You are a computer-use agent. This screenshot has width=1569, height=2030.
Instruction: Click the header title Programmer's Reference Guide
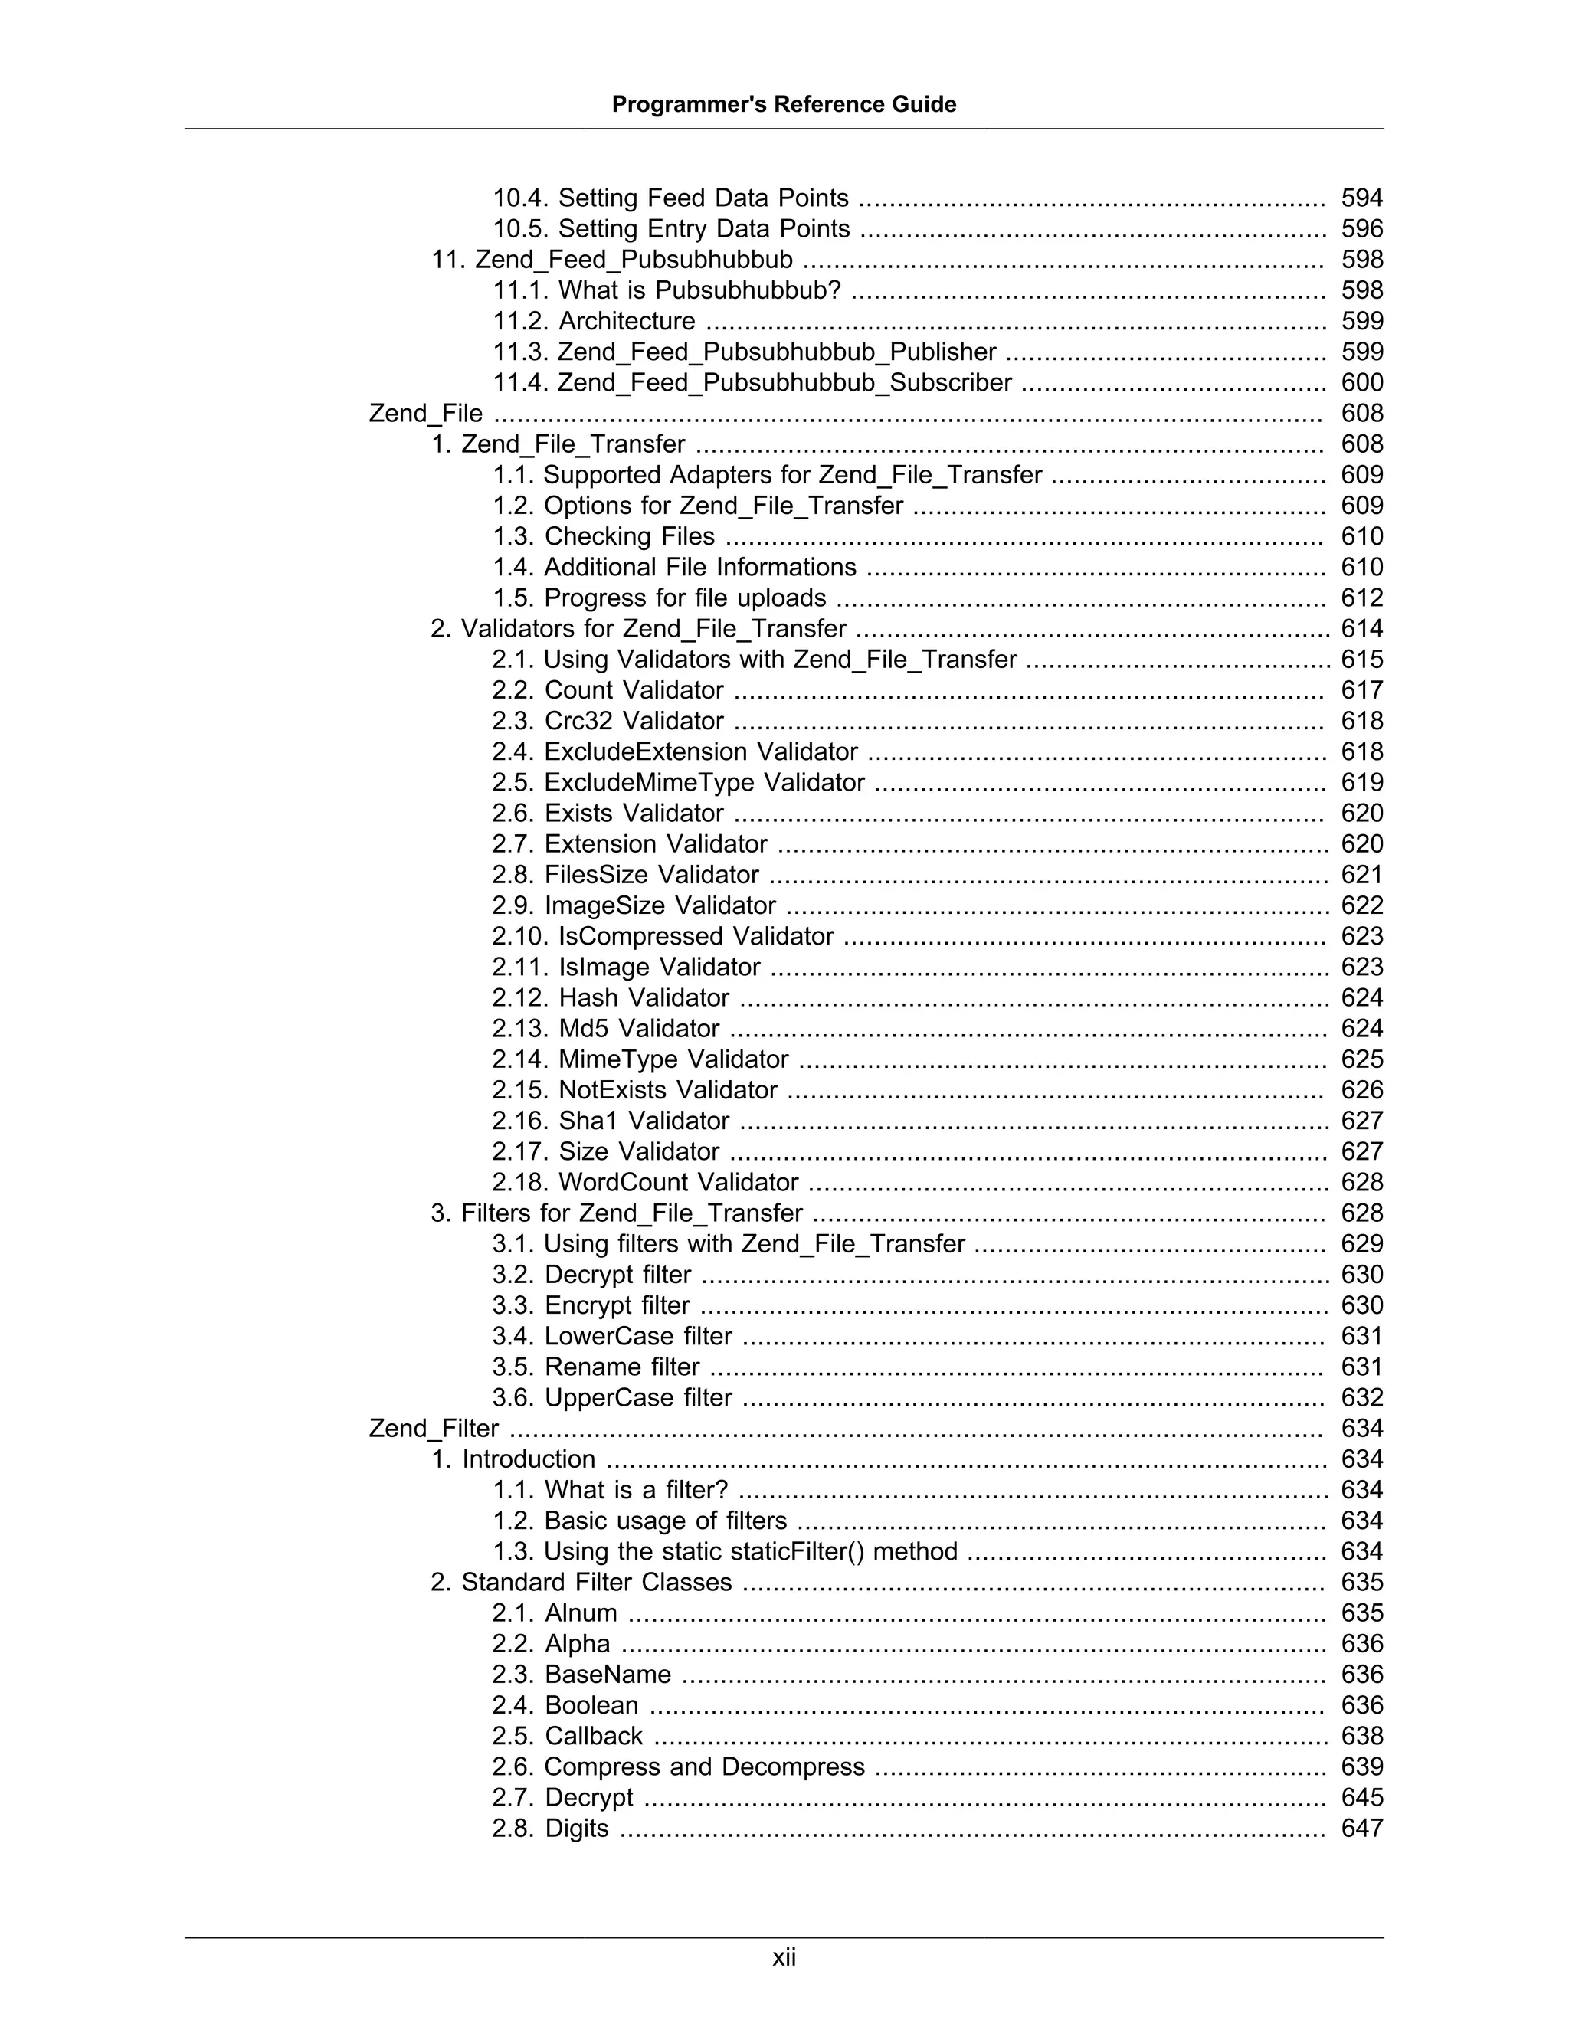click(784, 104)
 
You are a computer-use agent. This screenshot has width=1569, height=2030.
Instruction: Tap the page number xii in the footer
click(784, 1957)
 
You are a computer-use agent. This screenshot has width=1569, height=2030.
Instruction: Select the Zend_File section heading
click(426, 413)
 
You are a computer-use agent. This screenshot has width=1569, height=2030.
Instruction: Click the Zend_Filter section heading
click(433, 1428)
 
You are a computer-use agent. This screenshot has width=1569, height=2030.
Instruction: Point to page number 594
click(1361, 198)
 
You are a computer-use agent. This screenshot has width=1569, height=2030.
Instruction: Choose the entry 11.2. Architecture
click(593, 321)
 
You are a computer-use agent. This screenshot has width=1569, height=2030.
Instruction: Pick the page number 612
click(1361, 598)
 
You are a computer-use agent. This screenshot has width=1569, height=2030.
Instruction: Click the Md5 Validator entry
click(605, 1028)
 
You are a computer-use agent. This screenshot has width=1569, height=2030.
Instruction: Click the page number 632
click(1361, 1397)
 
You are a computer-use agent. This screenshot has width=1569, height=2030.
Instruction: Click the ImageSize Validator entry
click(633, 905)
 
